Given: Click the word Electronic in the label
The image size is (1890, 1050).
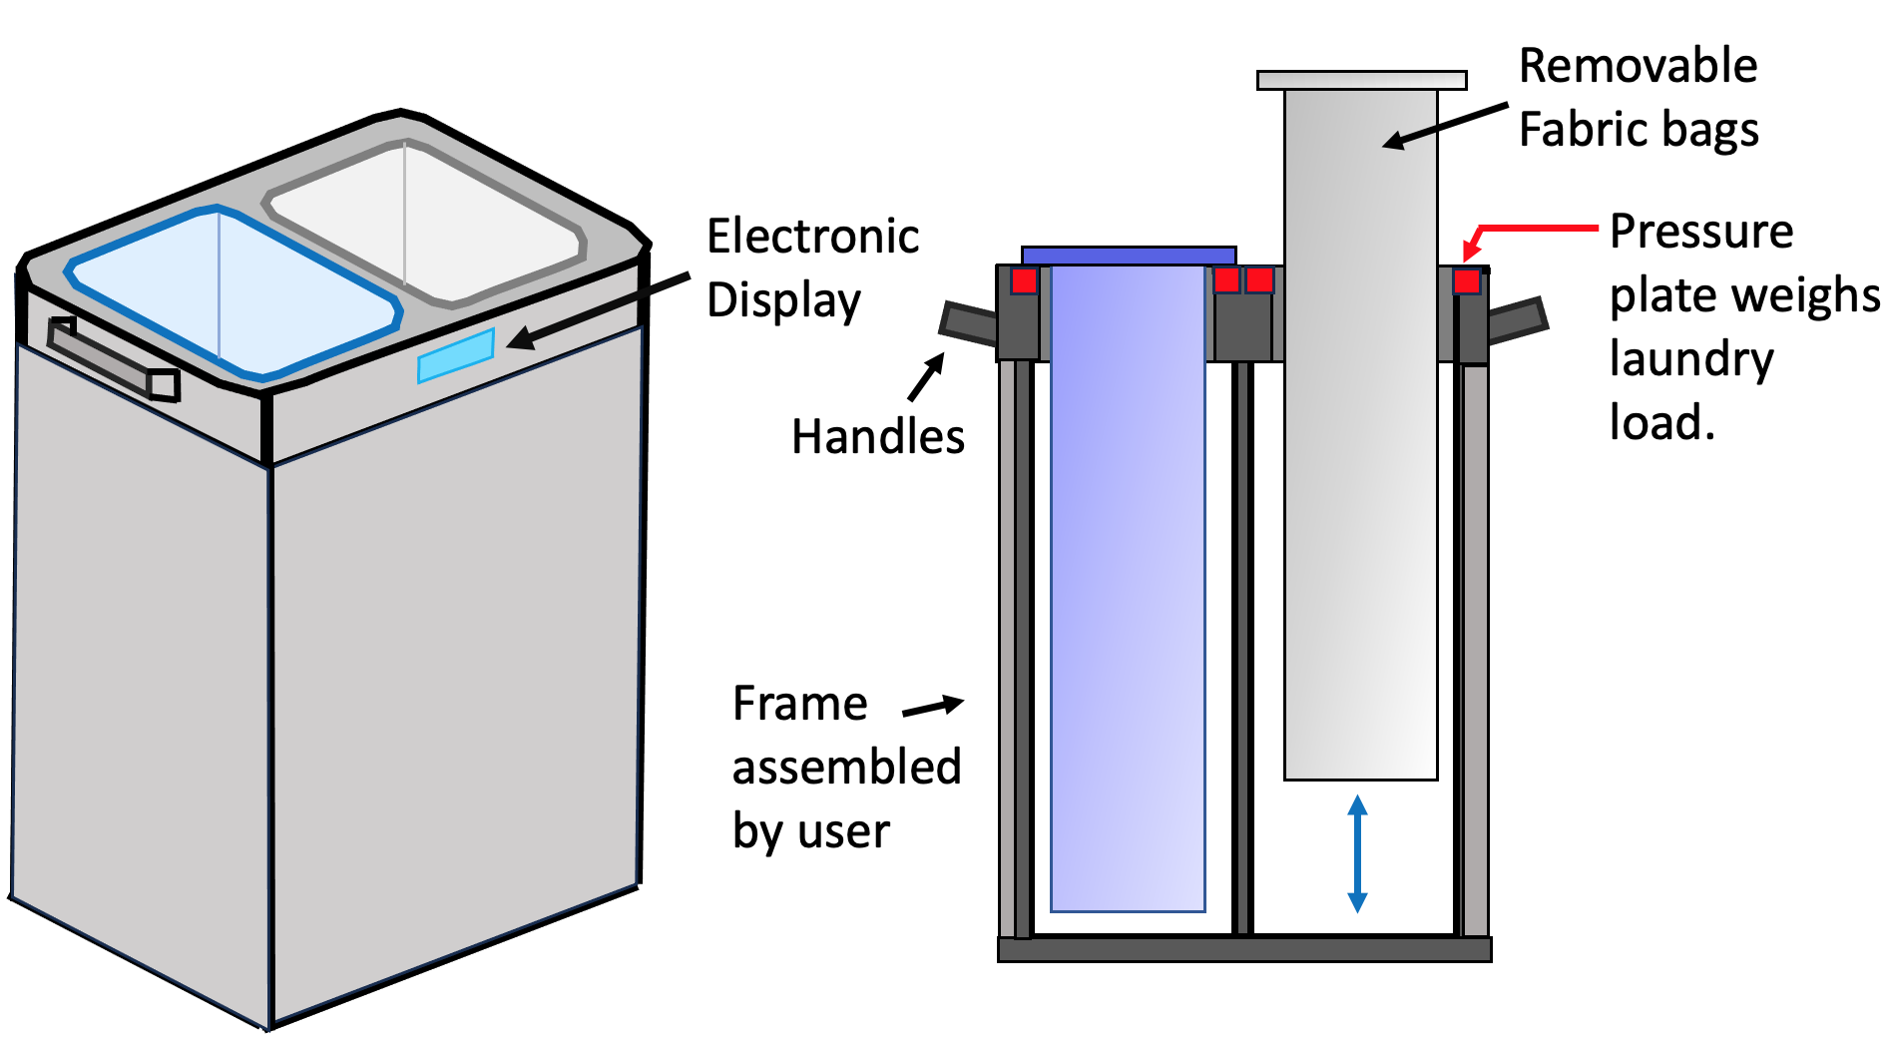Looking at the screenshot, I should pyautogui.click(x=812, y=237).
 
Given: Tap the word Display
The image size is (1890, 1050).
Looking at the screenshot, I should pyautogui.click(x=783, y=300).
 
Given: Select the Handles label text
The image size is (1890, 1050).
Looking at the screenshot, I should pyautogui.click(x=878, y=437).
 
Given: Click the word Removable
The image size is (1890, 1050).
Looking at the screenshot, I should pyautogui.click(x=1638, y=67).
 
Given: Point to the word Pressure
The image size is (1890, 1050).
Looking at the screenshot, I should pyautogui.click(x=1701, y=232).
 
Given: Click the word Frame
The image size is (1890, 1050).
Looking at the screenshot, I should pyautogui.click(x=799, y=704).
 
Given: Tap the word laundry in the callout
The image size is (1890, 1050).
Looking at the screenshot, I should pyautogui.click(x=1691, y=359).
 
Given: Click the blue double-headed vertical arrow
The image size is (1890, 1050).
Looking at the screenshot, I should pyautogui.click(x=1357, y=853).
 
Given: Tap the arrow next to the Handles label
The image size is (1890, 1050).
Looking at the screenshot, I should pyautogui.click(x=927, y=377).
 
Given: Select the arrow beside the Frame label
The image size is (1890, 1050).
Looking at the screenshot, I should pyautogui.click(x=933, y=707).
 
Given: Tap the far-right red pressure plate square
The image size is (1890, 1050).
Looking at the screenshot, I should pyautogui.click(x=1466, y=280).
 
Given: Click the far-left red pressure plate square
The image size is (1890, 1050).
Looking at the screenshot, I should pyautogui.click(x=1024, y=280).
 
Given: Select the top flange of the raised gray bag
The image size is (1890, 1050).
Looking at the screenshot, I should pyautogui.click(x=1361, y=80).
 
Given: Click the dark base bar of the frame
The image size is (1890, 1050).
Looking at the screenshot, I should pyautogui.click(x=1244, y=948).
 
